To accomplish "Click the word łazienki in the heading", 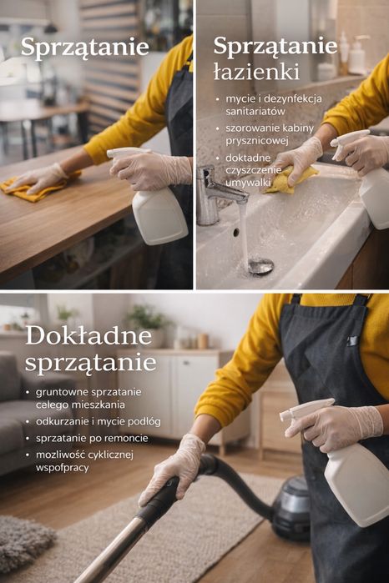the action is point(256,71).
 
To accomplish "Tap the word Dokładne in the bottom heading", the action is point(89,336).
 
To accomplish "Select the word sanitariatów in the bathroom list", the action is point(255,111).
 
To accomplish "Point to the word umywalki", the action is point(248,182).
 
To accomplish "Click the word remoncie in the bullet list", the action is point(128,439).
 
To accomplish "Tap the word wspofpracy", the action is point(62,467).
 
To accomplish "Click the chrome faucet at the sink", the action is point(217,195).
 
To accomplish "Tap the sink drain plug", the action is point(261,266).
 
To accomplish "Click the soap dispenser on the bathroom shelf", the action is point(358,55).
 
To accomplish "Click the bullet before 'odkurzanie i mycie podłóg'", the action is point(28,422).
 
